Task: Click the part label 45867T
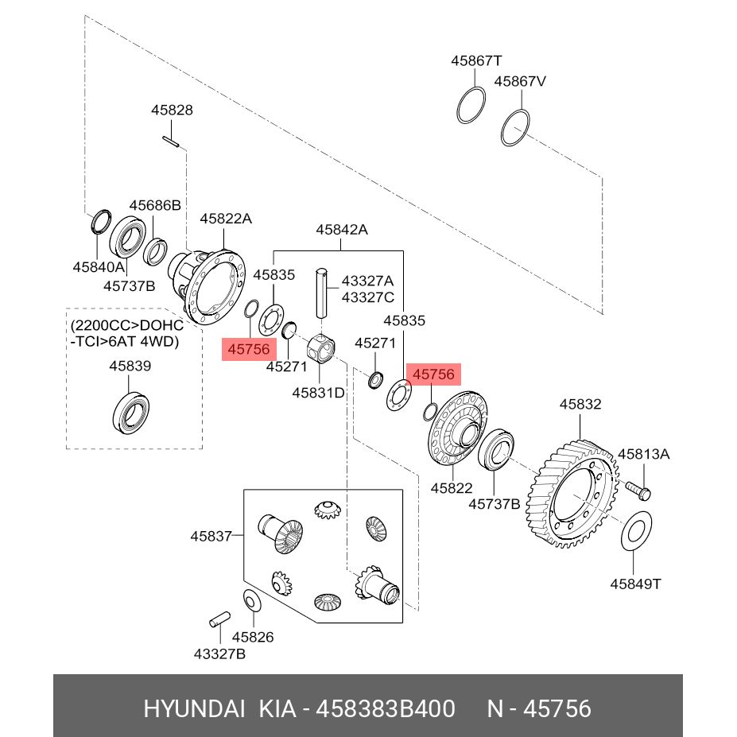pyautogui.click(x=476, y=60)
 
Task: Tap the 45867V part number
pyautogui.click(x=520, y=81)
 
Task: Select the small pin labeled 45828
pyautogui.click(x=171, y=141)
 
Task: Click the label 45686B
pyautogui.click(x=155, y=205)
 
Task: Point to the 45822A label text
pyautogui.click(x=226, y=219)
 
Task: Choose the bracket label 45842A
pyautogui.click(x=342, y=230)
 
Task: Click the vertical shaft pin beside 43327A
pyautogui.click(x=321, y=293)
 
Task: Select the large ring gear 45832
pyautogui.click(x=572, y=494)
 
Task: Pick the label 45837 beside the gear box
pyautogui.click(x=211, y=537)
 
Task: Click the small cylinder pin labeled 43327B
pyautogui.click(x=219, y=619)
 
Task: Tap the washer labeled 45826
pyautogui.click(x=252, y=601)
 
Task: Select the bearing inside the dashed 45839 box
pyautogui.click(x=131, y=412)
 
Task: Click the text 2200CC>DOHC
pyautogui.click(x=127, y=325)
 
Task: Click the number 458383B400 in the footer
pyautogui.click(x=386, y=708)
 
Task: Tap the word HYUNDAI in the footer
pyautogui.click(x=194, y=708)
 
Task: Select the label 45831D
pyautogui.click(x=318, y=393)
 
